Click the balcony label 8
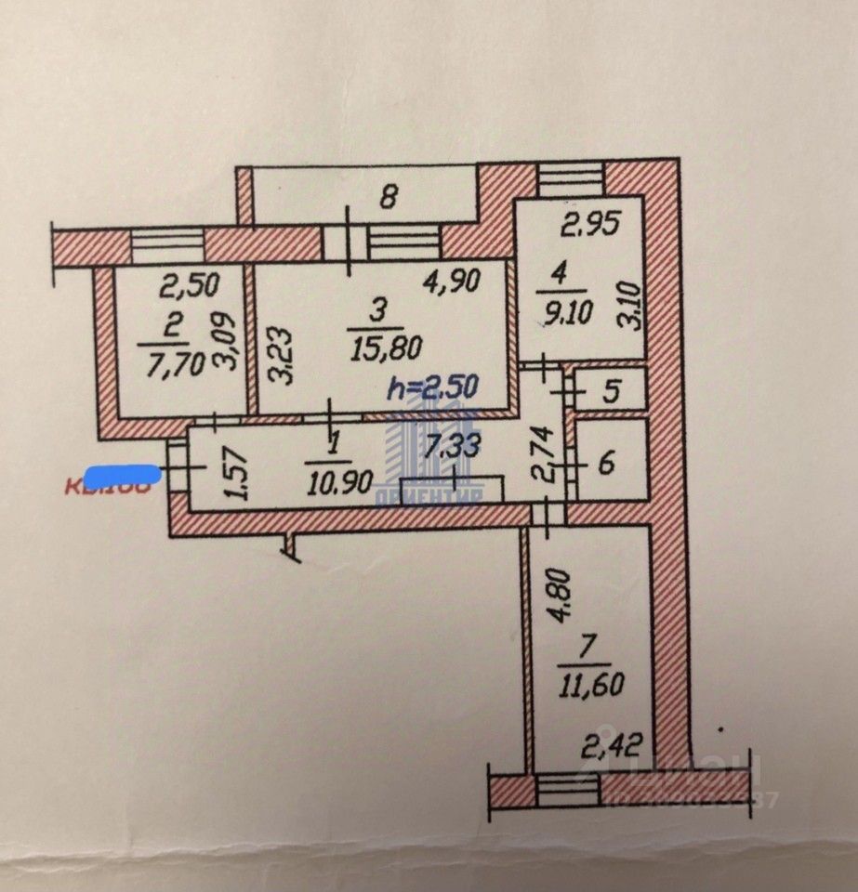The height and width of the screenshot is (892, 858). pos(389,196)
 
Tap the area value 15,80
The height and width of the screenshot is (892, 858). pos(388,348)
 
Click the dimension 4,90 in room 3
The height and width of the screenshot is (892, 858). pos(452,282)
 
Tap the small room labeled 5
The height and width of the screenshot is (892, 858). pos(610,390)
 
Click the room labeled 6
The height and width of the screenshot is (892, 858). pos(606,462)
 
